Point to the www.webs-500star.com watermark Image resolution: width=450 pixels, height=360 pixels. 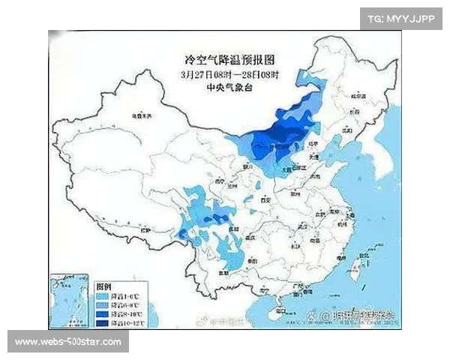(68, 342)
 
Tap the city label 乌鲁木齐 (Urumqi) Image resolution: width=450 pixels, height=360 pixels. (142, 116)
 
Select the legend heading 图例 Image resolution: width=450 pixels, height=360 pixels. (103, 287)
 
